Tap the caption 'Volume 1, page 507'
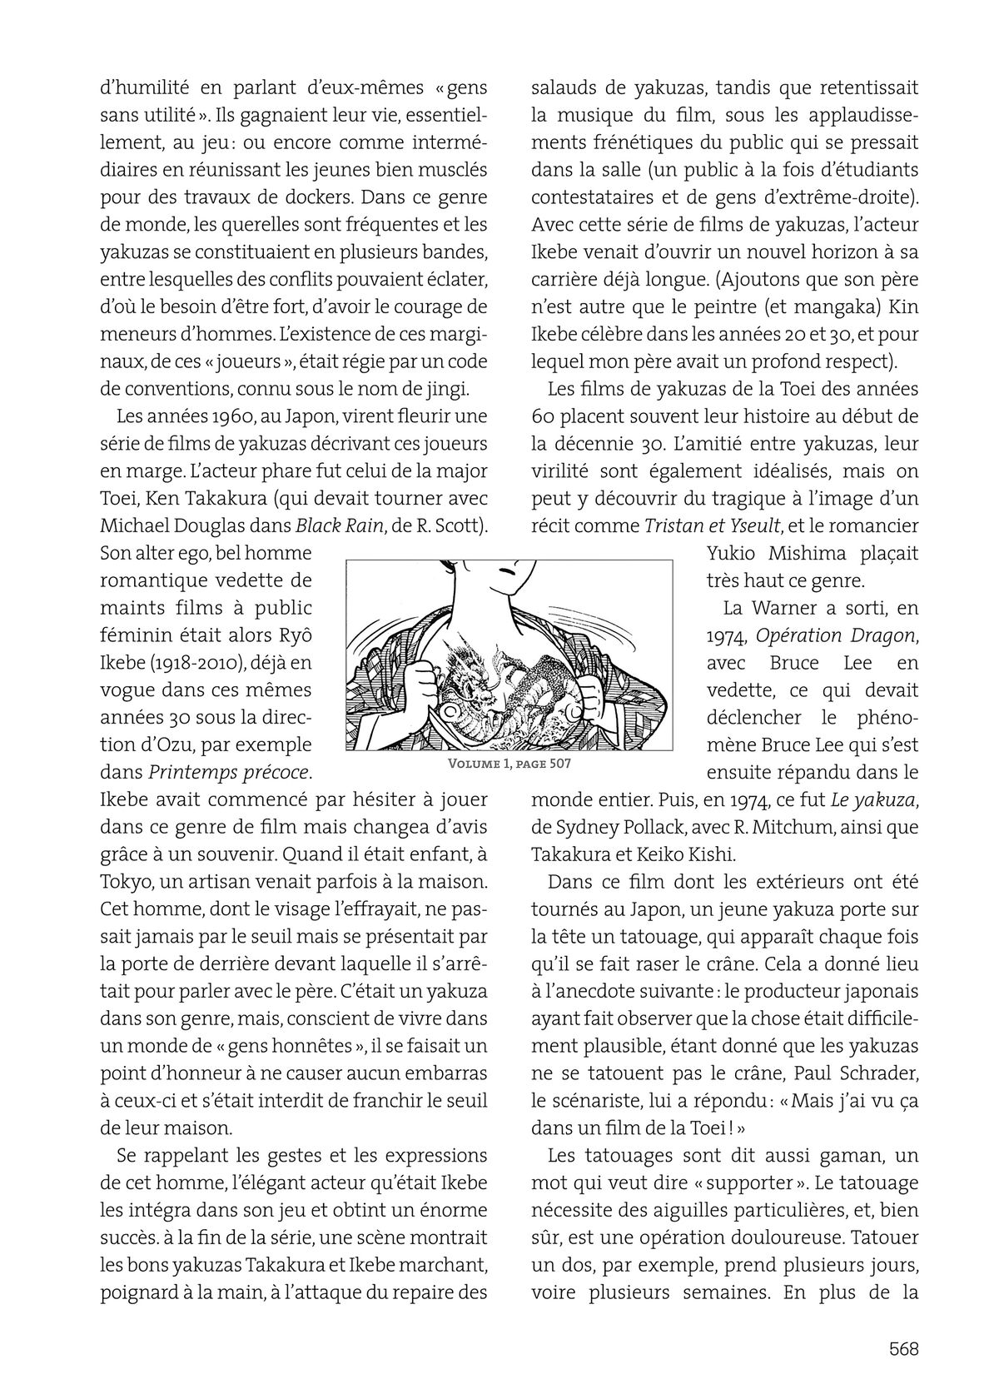[509, 763]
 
